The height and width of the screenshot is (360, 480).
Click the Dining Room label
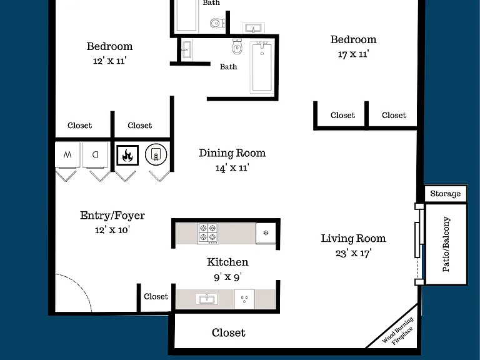[232, 153]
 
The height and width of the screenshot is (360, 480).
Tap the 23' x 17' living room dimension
[353, 253]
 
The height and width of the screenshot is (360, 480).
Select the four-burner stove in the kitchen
[208, 233]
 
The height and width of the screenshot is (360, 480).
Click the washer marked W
[67, 154]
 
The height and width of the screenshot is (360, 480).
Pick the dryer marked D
[96, 154]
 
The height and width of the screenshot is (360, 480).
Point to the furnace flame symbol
[127, 155]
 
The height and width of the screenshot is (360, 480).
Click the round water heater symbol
[156, 154]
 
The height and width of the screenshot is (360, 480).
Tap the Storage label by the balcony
[446, 194]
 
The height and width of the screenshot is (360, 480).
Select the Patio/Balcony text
[446, 244]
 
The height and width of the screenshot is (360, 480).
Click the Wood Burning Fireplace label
[398, 331]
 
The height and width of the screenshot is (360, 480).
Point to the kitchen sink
[207, 299]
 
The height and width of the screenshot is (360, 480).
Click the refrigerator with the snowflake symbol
[266, 233]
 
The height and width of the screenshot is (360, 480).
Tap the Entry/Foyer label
[112, 216]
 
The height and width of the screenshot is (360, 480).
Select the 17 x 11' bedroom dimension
[353, 54]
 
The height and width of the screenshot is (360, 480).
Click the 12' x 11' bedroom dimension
[109, 61]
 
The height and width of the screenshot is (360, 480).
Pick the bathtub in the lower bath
[261, 67]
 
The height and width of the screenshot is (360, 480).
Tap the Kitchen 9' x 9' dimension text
[227, 277]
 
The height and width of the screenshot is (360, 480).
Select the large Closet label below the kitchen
[228, 332]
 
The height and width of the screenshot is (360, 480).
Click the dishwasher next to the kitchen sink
[244, 299]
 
